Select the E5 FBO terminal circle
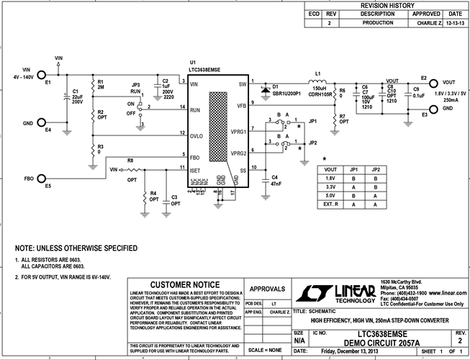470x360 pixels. (x=42, y=177)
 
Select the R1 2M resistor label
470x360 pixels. (x=101, y=84)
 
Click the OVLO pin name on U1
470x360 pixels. (x=198, y=135)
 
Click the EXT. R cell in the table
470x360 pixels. (x=332, y=204)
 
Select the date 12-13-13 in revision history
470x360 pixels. (x=454, y=23)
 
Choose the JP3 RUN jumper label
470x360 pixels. (x=137, y=89)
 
